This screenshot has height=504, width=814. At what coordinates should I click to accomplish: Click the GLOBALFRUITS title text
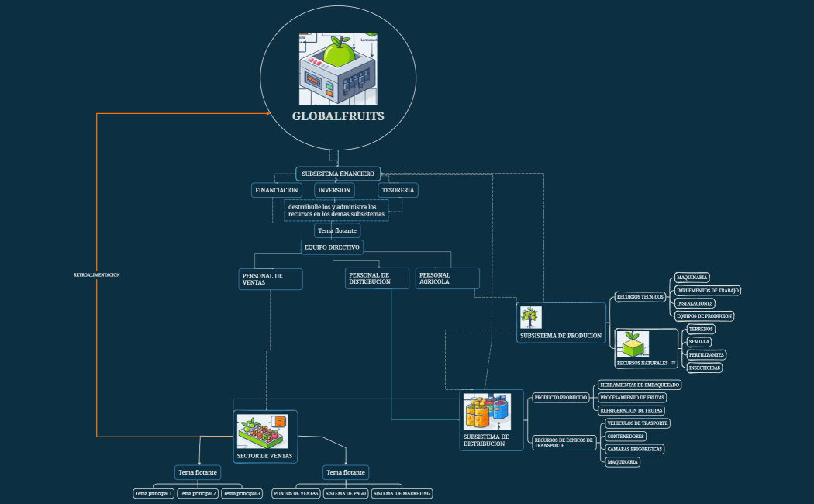pyautogui.click(x=338, y=116)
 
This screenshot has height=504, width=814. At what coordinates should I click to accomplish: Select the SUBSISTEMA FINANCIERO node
pyautogui.click(x=338, y=174)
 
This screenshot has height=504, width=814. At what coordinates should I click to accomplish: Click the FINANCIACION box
pyautogui.click(x=277, y=190)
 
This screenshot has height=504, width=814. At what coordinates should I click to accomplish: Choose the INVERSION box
pyautogui.click(x=334, y=190)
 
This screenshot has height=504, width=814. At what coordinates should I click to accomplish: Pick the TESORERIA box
pyautogui.click(x=398, y=190)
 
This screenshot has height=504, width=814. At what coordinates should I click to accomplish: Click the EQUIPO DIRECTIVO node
pyautogui.click(x=331, y=247)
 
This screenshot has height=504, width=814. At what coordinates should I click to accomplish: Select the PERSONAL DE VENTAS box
pyautogui.click(x=270, y=279)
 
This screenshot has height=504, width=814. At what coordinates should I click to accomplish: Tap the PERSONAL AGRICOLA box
pyautogui.click(x=447, y=278)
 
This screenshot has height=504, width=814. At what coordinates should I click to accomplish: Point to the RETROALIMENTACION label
pyautogui.click(x=97, y=275)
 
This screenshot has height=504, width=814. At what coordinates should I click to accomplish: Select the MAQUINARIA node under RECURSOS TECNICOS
pyautogui.click(x=692, y=278)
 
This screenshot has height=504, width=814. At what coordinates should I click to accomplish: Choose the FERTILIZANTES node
pyautogui.click(x=707, y=354)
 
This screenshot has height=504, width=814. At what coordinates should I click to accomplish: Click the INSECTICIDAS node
pyautogui.click(x=705, y=368)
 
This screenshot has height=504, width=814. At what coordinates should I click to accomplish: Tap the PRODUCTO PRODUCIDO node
pyautogui.click(x=563, y=398)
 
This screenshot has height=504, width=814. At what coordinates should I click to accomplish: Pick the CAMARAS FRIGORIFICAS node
pyautogui.click(x=635, y=449)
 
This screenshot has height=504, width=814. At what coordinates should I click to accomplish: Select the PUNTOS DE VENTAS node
pyautogui.click(x=296, y=493)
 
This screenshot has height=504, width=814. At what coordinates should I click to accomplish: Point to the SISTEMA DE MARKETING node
pyautogui.click(x=402, y=493)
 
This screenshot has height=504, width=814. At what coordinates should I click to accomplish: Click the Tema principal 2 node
pyautogui.click(x=198, y=493)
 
